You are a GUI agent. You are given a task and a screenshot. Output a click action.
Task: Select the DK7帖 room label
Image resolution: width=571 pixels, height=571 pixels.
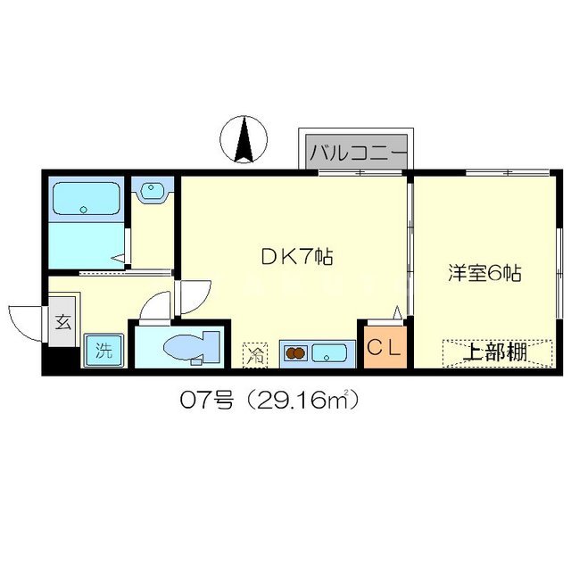coord(296,259)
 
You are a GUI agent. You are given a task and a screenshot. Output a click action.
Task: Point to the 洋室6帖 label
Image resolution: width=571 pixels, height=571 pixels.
coord(484,274)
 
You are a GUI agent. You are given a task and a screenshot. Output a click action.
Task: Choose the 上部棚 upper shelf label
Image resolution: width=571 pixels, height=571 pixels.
coord(492,352)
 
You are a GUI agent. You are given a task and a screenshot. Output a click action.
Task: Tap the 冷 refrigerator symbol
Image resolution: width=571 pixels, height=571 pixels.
coord(256,354)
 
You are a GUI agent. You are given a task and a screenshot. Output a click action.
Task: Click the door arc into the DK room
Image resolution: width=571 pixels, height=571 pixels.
coord(195,294)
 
